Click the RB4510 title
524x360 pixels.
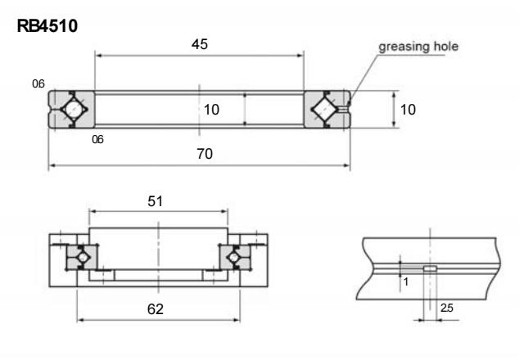[x=47, y=26]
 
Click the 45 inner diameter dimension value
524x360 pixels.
[x=200, y=44]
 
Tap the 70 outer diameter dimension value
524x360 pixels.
[x=205, y=154]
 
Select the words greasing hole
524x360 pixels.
[x=418, y=47]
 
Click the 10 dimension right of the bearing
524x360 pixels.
[x=408, y=110]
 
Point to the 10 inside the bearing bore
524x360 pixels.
[x=211, y=110]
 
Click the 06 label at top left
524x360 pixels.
[x=38, y=83]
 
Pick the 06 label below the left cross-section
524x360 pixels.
[x=97, y=139]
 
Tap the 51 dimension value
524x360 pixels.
[x=155, y=201]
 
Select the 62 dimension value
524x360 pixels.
[x=156, y=309]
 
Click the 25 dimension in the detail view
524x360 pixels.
[x=447, y=308]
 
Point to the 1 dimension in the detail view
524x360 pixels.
[x=406, y=282]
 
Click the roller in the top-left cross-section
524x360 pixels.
[x=74, y=109]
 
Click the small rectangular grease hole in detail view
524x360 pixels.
[x=430, y=268]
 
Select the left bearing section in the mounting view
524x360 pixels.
[x=82, y=257]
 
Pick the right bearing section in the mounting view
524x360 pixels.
[x=235, y=257]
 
